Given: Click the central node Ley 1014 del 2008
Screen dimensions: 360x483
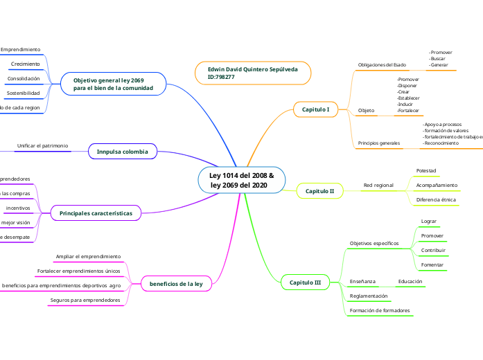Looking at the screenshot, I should pos(241,180).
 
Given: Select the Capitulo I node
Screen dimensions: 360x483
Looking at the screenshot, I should pos(315,109).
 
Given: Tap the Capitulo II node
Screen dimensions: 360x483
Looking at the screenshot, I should pos(319,190).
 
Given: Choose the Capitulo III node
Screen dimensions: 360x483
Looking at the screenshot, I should pos(305,282).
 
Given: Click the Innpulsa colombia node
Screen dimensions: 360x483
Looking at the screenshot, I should pos(123,151).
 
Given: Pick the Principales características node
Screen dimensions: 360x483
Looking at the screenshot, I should pos(96,213).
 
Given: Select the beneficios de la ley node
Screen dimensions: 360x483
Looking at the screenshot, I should pos(176,284).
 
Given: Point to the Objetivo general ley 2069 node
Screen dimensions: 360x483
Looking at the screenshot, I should pos(113,84).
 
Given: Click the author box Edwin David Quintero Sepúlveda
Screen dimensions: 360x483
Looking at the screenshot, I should pos(253,73).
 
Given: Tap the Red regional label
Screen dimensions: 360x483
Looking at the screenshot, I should pos(378,186).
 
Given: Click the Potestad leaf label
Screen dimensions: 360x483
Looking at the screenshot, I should pos(425,170).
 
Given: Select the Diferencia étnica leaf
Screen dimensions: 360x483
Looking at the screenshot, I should pos(436,199).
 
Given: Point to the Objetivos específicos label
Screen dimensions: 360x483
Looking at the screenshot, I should pos(374,244).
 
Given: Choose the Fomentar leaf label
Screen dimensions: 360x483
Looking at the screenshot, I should pos(432,264).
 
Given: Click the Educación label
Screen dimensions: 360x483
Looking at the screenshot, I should pos(410,282).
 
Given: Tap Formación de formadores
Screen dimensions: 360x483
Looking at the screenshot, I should pos(380,311).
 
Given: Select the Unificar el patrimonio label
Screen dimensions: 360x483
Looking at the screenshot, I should pos(43,146).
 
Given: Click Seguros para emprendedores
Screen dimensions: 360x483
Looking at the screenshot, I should pos(85,300).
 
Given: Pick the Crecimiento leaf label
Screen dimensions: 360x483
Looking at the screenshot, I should pos(26,64).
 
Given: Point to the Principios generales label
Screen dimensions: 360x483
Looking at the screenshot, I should pos(379,143).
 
